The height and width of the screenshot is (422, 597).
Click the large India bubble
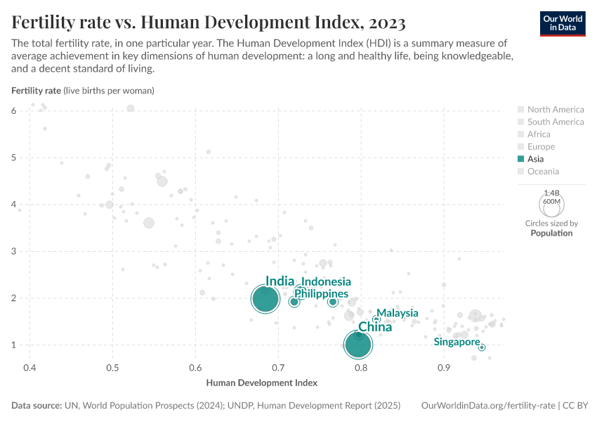265,299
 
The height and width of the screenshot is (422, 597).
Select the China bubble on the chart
358,344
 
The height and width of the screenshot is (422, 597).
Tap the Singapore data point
482,347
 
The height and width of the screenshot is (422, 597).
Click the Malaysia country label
398,313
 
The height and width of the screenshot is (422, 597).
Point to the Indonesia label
326,282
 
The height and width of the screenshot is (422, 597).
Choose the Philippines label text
322,293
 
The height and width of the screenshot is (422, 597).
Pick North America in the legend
555,110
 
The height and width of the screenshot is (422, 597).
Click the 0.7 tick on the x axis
278,368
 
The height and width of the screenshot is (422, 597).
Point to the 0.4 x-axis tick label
29,368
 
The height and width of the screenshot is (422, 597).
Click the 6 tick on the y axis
14,110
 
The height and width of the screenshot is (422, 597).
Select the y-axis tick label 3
14,251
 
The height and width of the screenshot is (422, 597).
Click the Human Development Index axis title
262,383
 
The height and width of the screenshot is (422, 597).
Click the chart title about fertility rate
209,23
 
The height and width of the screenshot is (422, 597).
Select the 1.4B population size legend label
552,193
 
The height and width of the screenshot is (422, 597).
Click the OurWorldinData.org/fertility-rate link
487,406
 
